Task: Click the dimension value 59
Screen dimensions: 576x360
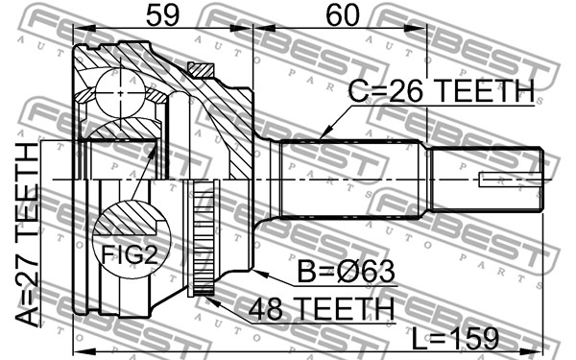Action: [x=163, y=15]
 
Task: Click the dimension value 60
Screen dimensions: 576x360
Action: [x=343, y=15]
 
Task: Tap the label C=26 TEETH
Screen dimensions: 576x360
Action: [x=442, y=91]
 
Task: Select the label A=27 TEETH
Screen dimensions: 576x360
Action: [x=28, y=234]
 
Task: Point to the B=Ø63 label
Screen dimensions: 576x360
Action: [x=346, y=272]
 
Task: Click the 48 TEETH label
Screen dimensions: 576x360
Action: [x=322, y=309]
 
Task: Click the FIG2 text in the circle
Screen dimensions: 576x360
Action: [x=130, y=254]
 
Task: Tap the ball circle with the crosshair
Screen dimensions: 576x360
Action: [x=121, y=92]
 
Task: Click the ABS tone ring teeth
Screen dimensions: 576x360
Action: [x=201, y=238]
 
